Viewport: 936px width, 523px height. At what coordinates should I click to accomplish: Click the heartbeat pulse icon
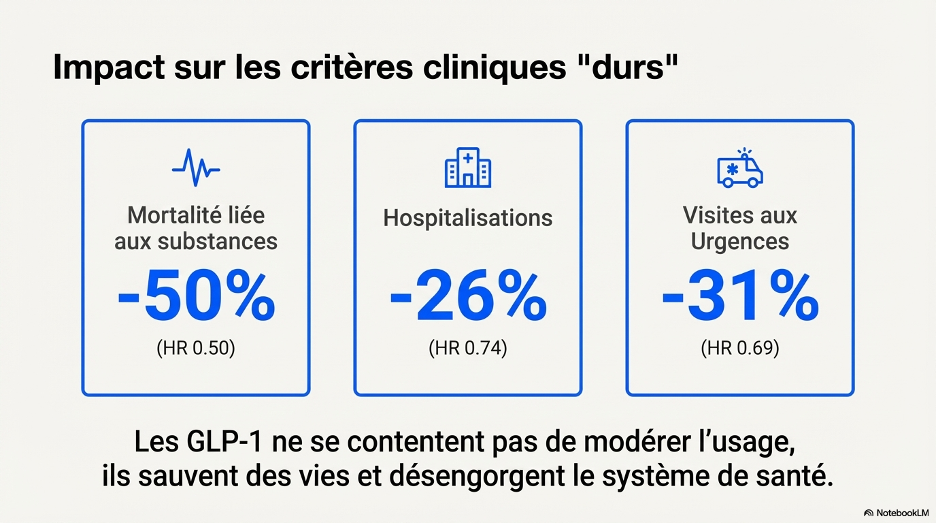tap(196, 168)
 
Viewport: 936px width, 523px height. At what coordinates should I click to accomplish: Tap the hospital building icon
tap(468, 168)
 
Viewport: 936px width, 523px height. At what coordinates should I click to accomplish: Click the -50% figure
tap(196, 298)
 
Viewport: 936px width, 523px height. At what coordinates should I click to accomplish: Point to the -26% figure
tap(468, 298)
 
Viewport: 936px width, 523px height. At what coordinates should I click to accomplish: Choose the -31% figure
tap(740, 298)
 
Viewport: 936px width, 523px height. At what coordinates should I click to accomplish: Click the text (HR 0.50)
tap(196, 348)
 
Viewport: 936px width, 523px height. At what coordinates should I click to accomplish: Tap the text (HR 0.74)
tap(468, 348)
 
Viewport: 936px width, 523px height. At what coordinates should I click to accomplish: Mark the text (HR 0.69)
tap(740, 348)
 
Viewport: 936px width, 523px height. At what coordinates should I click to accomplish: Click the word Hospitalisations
tap(468, 218)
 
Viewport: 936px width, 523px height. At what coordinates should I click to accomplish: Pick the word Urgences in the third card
tap(740, 241)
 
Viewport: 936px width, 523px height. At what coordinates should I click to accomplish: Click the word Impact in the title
tap(109, 68)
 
